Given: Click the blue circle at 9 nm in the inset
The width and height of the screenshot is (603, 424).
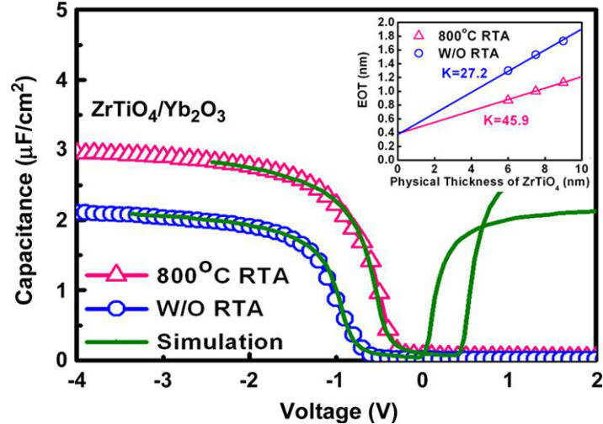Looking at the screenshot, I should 563,40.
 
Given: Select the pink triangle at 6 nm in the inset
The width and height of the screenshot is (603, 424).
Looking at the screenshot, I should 508,99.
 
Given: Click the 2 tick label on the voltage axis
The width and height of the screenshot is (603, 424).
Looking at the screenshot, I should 595,378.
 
